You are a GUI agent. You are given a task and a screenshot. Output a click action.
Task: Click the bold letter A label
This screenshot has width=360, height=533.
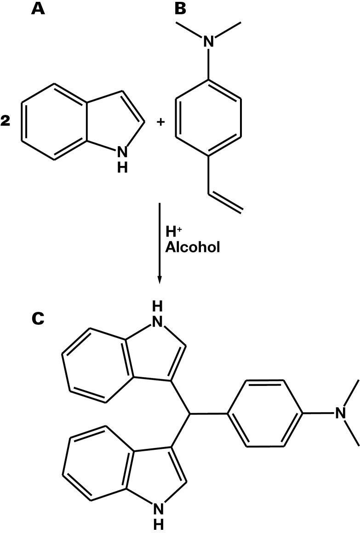[x=38, y=9]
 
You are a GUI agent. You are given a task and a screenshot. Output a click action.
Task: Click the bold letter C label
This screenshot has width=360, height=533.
[x=38, y=318]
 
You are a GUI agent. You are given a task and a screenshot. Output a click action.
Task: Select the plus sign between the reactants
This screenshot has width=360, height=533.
[x=161, y=123]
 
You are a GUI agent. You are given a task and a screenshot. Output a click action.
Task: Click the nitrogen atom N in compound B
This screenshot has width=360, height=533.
[x=209, y=42]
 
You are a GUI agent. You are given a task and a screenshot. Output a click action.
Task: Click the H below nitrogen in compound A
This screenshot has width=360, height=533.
[x=122, y=168]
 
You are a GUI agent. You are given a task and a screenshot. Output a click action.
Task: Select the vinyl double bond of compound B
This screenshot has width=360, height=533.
[x=225, y=203]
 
